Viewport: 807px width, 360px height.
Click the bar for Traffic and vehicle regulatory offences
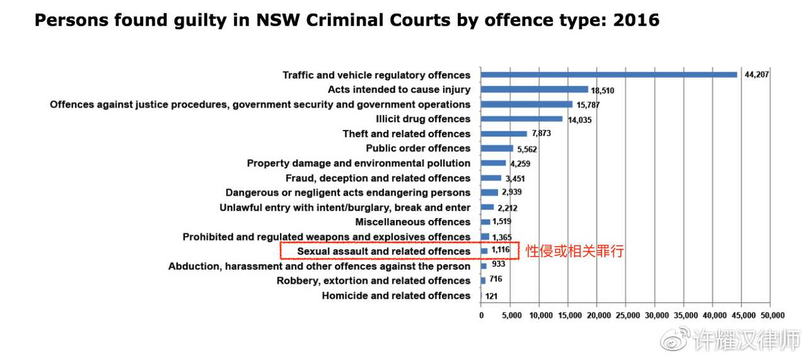tap(608, 75)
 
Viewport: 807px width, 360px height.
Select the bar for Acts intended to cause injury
tap(535, 90)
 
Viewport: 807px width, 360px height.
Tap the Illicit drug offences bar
tap(521, 119)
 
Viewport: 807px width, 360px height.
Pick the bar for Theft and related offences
tap(504, 134)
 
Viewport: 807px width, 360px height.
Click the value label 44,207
tap(757, 75)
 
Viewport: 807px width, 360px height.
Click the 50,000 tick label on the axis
tap(772, 315)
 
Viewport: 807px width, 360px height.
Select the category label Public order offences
tap(418, 148)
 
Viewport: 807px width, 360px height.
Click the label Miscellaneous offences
tap(412, 222)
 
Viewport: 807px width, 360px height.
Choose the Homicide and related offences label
tap(396, 296)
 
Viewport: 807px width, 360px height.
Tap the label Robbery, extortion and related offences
tap(373, 281)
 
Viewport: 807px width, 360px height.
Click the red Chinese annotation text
tap(574, 251)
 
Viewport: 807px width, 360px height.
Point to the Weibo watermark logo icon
tap(674, 340)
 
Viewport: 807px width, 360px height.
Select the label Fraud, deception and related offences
tap(378, 178)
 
